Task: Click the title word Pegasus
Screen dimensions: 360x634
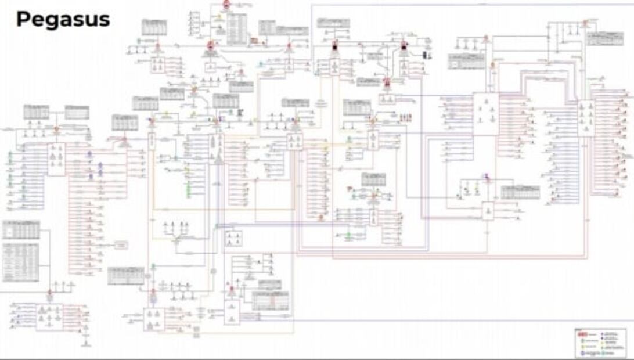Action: click(63, 20)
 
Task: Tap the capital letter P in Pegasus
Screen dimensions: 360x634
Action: click(23, 19)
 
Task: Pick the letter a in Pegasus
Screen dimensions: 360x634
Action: click(64, 20)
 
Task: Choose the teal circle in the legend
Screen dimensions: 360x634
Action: click(604, 352)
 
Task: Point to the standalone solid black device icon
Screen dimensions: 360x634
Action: click(425, 55)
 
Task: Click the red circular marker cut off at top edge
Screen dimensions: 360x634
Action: click(225, 4)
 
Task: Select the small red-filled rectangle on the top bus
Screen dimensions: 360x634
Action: click(254, 41)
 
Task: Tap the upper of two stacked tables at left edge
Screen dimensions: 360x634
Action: click(21, 230)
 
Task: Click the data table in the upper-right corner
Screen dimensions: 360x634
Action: click(604, 39)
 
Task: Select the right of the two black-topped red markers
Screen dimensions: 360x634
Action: click(404, 46)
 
